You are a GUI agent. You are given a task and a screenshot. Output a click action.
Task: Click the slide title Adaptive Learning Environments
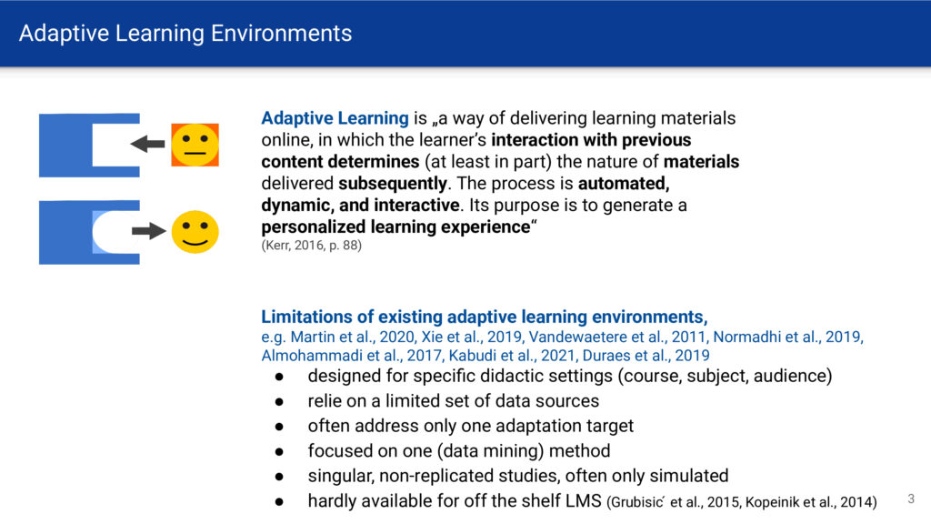pos(185,34)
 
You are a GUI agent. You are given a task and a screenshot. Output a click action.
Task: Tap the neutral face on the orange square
pos(195,145)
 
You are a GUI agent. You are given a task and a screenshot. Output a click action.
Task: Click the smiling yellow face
pos(195,232)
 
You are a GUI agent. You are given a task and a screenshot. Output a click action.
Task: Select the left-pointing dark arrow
pos(148,144)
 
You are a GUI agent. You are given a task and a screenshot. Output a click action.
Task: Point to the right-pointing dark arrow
pos(148,230)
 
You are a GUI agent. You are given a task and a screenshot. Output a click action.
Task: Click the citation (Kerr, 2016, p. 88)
pos(311,246)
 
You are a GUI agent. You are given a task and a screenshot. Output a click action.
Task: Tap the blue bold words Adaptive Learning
pos(335,118)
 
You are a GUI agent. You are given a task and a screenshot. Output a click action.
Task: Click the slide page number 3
pos(911,499)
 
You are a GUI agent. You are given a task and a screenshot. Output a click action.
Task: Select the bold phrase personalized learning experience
pos(395,227)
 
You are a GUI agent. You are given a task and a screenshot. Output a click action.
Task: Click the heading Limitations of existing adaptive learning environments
pos(483,317)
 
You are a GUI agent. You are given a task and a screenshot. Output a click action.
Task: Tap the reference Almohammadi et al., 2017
pos(351,356)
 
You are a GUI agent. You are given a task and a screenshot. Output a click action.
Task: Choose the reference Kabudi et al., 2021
pos(512,356)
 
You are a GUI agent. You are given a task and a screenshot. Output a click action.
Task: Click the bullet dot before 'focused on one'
pos(279,451)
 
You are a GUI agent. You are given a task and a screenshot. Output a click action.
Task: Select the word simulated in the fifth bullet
pos(689,476)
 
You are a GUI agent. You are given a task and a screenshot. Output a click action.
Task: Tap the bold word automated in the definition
pos(624,184)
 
